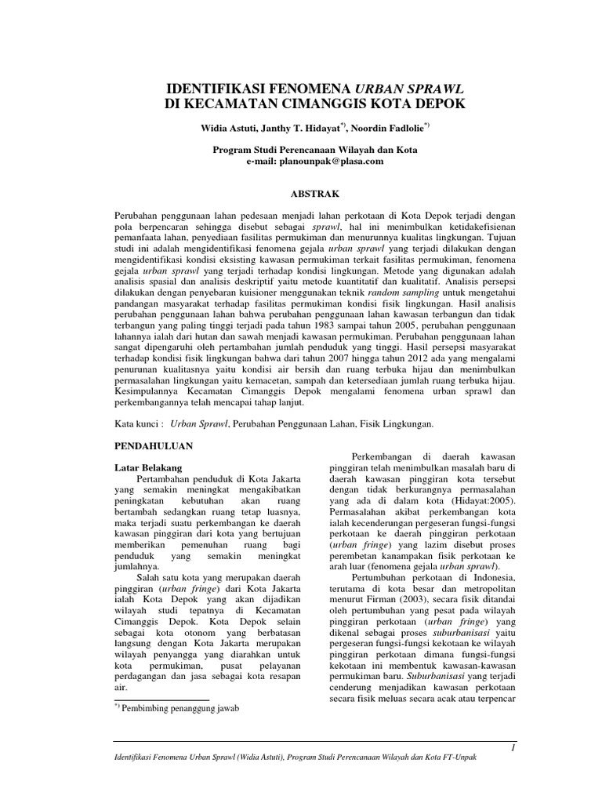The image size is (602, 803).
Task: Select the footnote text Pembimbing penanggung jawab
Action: tap(180, 708)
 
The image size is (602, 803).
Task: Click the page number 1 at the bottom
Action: tap(512, 748)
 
